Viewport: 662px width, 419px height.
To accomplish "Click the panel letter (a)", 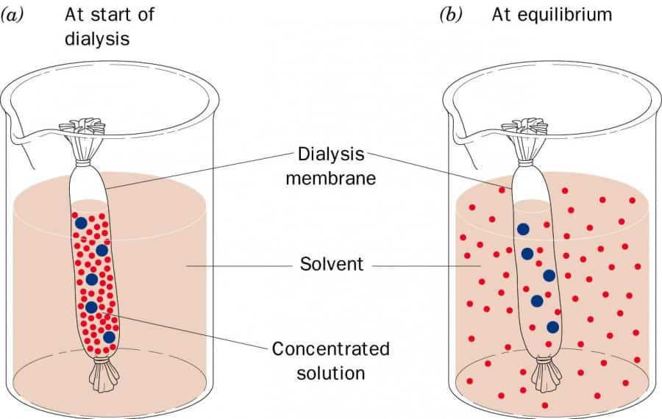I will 15,15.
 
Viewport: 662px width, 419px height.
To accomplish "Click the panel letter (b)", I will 451,15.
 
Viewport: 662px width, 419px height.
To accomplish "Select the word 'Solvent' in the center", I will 331,264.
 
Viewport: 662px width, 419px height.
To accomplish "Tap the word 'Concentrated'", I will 330,348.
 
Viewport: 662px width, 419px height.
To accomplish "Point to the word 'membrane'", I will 331,178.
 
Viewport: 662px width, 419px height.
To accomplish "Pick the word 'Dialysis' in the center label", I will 331,154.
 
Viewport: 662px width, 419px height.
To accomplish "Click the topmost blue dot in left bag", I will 81,222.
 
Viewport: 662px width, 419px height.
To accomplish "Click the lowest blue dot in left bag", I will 109,337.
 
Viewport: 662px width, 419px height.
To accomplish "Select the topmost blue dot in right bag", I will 522,229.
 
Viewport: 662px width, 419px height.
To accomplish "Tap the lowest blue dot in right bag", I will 552,327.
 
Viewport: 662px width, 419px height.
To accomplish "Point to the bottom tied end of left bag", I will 103,375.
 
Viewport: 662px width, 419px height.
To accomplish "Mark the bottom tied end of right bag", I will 546,375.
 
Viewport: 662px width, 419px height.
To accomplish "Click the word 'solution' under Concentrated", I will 330,372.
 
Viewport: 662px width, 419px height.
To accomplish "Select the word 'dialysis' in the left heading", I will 97,37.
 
